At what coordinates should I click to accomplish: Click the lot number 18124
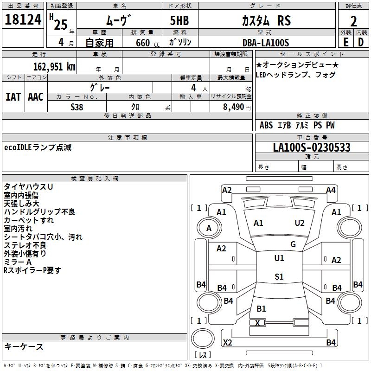[23, 21]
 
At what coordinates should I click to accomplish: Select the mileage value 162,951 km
[54, 66]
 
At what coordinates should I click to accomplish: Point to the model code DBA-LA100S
[265, 43]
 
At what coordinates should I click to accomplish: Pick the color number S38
[77, 107]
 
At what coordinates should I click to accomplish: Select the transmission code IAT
[13, 96]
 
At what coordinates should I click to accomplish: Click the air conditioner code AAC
[36, 96]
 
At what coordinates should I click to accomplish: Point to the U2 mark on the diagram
[300, 223]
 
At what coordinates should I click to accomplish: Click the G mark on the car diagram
[293, 244]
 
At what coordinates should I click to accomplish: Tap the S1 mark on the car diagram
[279, 277]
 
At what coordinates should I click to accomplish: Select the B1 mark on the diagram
[261, 308]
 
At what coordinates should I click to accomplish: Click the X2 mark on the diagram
[228, 343]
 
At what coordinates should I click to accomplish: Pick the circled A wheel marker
[209, 228]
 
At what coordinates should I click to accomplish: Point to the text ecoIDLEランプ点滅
[38, 148]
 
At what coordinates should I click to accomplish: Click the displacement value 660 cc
[145, 43]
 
